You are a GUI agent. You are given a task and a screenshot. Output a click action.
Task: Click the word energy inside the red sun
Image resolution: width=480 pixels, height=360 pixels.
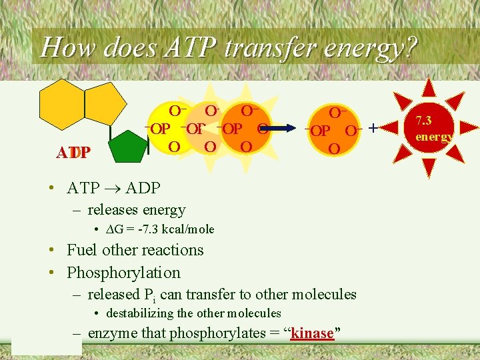(433, 137)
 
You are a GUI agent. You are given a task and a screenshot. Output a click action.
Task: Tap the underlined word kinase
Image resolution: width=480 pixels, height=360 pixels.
(313, 333)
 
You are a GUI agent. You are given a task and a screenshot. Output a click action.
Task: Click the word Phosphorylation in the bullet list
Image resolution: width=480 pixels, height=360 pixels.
(123, 273)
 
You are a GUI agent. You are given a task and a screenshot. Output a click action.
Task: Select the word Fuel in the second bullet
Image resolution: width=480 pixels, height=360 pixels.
(84, 250)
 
